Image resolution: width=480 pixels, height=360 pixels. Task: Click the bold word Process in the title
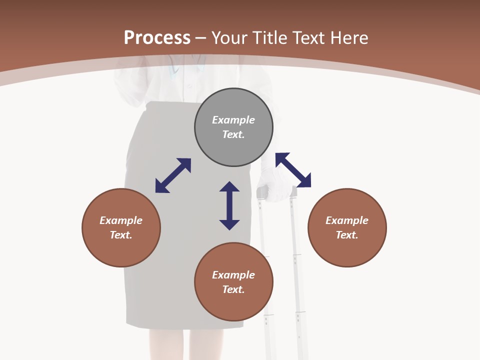157,38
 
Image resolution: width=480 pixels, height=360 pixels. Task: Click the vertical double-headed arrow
229,205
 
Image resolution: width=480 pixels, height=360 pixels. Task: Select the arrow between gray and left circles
173,175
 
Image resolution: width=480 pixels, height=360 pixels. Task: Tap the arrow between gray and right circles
293,170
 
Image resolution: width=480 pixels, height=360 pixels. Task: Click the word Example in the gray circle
233,120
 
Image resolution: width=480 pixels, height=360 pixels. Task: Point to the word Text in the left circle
120,235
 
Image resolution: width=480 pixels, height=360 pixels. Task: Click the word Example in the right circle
347,220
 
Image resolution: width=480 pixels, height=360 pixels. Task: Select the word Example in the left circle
121,220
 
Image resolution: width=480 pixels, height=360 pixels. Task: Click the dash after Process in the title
200,38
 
